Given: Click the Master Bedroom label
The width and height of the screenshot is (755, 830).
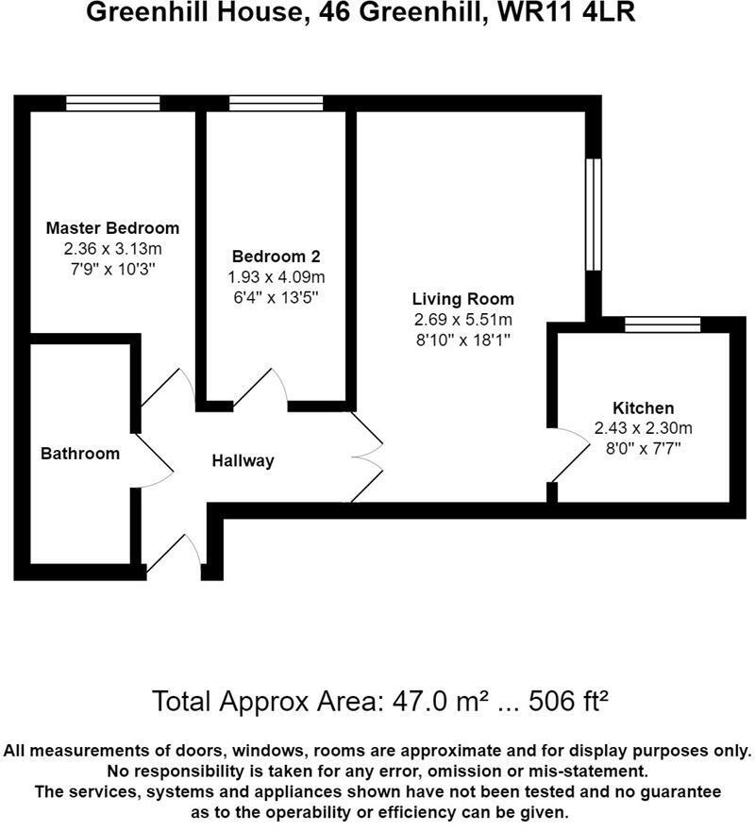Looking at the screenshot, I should [112, 228].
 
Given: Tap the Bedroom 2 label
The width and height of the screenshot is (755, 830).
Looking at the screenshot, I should [276, 257].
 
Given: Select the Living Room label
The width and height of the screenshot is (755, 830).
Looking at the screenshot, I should [462, 299].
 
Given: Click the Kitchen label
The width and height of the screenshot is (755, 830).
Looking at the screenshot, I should [643, 408].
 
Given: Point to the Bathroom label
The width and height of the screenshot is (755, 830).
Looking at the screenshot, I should [80, 454].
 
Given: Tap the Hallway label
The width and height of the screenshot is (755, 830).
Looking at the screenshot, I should [243, 461].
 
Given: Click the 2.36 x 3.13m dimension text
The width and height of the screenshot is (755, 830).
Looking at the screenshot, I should [112, 249].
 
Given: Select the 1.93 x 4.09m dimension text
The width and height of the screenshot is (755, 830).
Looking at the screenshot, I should [276, 277].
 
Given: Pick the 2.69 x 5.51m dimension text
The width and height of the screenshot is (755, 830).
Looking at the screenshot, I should [462, 320].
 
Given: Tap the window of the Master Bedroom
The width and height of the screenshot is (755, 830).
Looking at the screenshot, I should [112, 104].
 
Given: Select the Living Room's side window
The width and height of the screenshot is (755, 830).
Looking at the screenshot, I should [593, 215].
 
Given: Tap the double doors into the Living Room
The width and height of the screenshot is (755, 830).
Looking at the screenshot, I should [368, 456].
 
